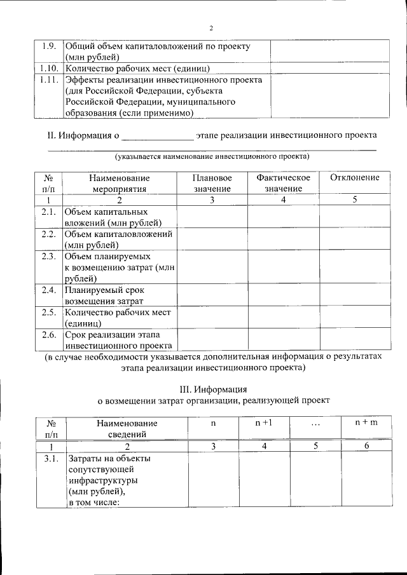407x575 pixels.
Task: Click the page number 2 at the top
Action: (x=211, y=28)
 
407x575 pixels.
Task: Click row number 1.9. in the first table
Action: (x=49, y=46)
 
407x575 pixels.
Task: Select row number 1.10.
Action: (x=49, y=68)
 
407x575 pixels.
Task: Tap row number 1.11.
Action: (x=49, y=80)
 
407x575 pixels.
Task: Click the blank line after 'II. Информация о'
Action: (x=156, y=136)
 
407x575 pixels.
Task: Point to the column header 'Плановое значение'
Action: (x=212, y=183)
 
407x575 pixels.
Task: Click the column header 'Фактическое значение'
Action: (x=283, y=183)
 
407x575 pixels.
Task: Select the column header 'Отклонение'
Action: (x=355, y=178)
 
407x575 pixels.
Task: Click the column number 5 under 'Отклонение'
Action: (x=355, y=200)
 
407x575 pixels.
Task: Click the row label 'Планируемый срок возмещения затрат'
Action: (x=104, y=295)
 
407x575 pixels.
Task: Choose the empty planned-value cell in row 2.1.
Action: (x=212, y=217)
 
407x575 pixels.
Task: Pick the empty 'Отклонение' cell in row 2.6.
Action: (x=355, y=340)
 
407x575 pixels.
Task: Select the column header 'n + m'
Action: (x=366, y=423)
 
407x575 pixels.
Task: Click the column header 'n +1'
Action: (x=264, y=423)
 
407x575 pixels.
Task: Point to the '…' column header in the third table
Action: (x=315, y=424)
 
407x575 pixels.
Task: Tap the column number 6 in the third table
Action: (x=366, y=446)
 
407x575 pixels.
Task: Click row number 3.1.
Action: (x=49, y=458)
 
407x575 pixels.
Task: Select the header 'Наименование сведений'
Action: (x=127, y=428)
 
